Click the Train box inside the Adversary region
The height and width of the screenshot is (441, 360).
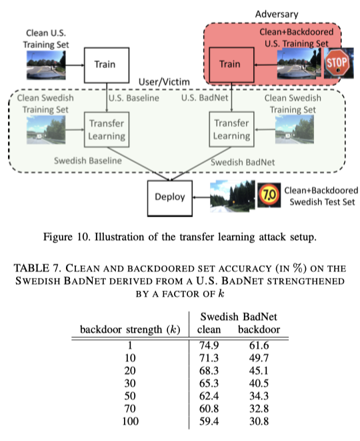coord(231,65)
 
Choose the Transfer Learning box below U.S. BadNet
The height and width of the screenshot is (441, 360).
coord(231,129)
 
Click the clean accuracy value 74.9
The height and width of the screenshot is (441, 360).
coord(209,346)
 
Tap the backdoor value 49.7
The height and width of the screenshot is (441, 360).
coord(260,359)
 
